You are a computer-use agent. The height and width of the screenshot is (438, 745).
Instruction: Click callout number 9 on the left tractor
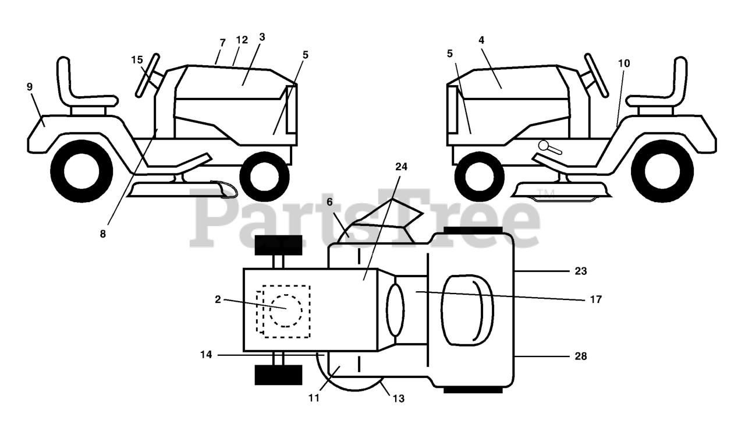pos(30,87)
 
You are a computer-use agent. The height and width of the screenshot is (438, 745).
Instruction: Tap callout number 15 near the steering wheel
pos(137,60)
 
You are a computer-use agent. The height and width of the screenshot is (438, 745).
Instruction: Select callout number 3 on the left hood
pos(262,37)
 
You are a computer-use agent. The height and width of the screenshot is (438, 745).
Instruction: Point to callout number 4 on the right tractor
pos(481,40)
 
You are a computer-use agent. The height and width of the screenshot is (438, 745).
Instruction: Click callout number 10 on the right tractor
pos(624,63)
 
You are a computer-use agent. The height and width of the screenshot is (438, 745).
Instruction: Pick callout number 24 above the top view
pos(401,166)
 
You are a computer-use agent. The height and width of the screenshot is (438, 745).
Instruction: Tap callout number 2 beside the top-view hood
pos(218,299)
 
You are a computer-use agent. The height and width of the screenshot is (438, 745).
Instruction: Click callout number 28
pos(580,356)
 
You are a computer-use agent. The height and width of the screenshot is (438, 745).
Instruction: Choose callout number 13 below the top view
pos(399,399)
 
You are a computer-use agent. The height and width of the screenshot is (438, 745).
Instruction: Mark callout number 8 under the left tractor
pos(103,234)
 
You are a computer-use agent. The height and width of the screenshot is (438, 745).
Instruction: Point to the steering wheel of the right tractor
pos(597,75)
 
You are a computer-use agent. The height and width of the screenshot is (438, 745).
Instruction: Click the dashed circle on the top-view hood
pos(285,310)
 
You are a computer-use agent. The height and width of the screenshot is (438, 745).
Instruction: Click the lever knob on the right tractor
pos(544,145)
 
